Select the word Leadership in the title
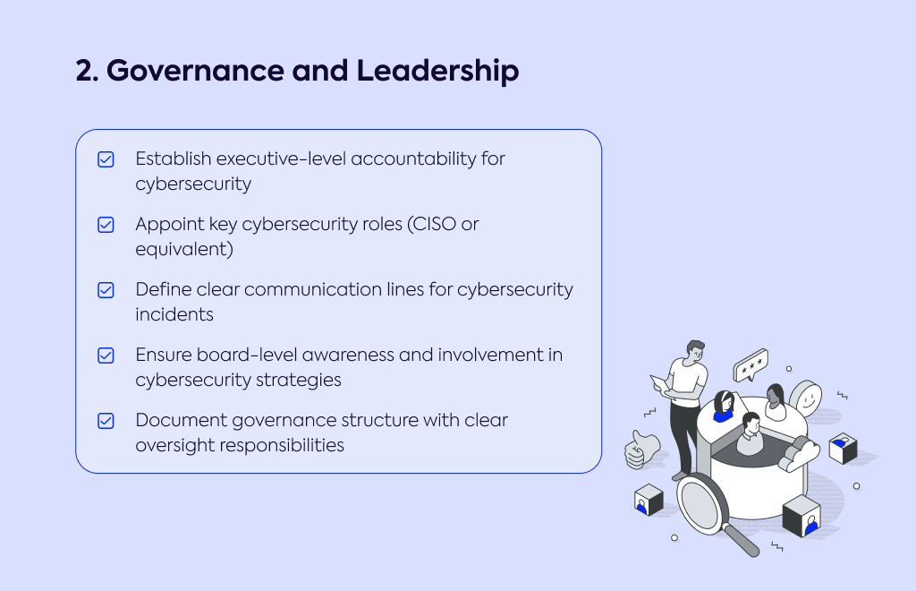[x=437, y=71]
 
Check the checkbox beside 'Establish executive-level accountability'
[x=106, y=159]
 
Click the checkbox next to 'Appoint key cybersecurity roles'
[x=106, y=225]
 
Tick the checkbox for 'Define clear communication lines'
[x=106, y=290]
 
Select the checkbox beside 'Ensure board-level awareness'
[x=106, y=355]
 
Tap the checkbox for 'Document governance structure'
[x=106, y=421]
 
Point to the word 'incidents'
[x=174, y=314]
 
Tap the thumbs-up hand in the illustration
[x=640, y=449]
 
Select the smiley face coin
[x=806, y=398]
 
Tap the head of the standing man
[x=694, y=352]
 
